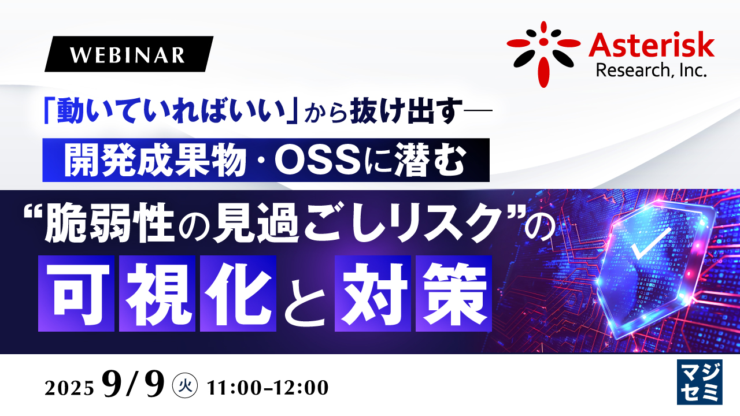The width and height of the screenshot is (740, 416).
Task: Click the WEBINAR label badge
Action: pos(128,54)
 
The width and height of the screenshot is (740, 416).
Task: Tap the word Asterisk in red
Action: pos(652,44)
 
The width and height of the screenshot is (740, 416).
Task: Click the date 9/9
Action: pos(133,386)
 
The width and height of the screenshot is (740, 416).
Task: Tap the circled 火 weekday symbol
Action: pos(186,386)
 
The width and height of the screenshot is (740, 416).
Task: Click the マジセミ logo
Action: pos(699,382)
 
